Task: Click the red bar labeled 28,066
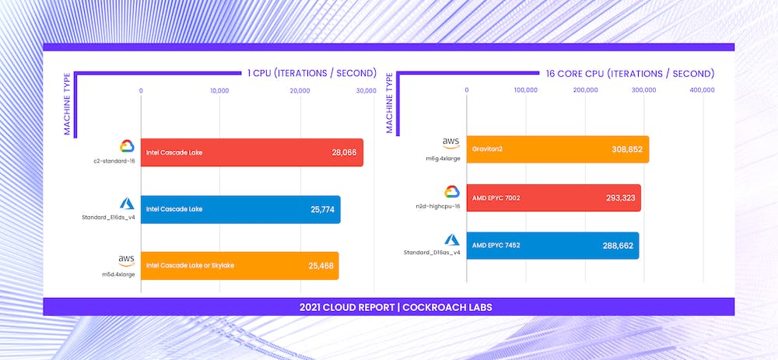coord(251,152)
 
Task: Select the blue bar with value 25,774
coord(240,209)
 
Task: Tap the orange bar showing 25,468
coord(239,266)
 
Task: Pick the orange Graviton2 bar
coord(557,149)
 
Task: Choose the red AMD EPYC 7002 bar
coord(553,197)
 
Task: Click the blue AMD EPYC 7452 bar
coord(552,246)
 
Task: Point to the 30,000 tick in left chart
coord(366,91)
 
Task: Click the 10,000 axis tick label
coord(219,91)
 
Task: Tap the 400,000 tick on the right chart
coord(703,91)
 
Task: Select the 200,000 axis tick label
coord(586,91)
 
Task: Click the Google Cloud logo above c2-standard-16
coord(127,146)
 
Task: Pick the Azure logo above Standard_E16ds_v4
coord(127,203)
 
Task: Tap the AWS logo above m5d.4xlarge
coord(127,259)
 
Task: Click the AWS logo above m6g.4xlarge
coord(451,142)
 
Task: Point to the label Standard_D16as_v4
coord(433,253)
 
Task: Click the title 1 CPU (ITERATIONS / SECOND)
coord(312,74)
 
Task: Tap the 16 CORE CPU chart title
coord(629,74)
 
